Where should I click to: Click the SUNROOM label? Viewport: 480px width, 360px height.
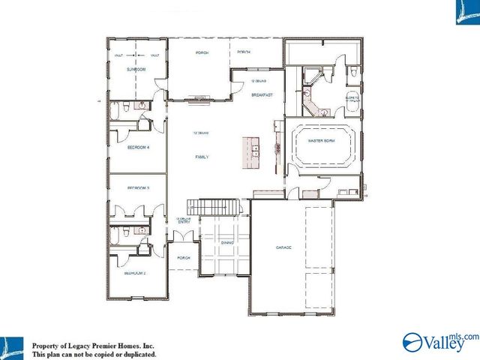pos(135,69)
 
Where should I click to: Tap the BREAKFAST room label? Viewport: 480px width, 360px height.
pos(260,95)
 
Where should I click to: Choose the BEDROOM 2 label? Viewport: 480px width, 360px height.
pos(134,274)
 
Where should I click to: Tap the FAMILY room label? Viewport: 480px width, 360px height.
pos(201,157)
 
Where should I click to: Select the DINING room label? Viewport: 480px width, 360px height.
pos(227,243)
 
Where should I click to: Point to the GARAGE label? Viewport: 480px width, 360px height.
pos(283,247)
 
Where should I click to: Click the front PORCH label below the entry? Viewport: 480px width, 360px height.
pos(183,257)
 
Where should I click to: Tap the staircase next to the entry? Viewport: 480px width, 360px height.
pos(215,205)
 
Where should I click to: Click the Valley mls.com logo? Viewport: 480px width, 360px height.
pos(439,342)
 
